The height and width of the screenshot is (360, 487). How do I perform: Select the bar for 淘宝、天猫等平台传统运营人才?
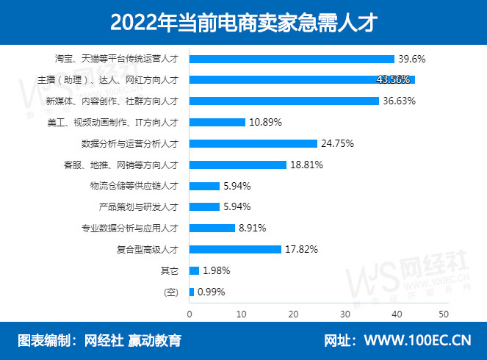click(292, 59)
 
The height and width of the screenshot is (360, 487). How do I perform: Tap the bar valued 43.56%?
click(302, 79)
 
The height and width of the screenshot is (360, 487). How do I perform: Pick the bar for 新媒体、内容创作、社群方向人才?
click(284, 101)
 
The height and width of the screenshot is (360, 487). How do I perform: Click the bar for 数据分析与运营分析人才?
click(253, 143)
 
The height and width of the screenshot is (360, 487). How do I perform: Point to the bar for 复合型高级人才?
click(236, 249)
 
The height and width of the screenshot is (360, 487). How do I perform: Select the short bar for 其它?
click(195, 270)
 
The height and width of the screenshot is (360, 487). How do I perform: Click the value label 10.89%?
click(266, 122)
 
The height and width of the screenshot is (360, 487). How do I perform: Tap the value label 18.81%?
click(306, 165)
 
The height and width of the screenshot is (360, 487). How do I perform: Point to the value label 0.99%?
click(210, 292)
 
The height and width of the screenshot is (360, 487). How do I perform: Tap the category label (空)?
click(172, 292)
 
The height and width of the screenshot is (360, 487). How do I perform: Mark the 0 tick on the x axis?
click(190, 314)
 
